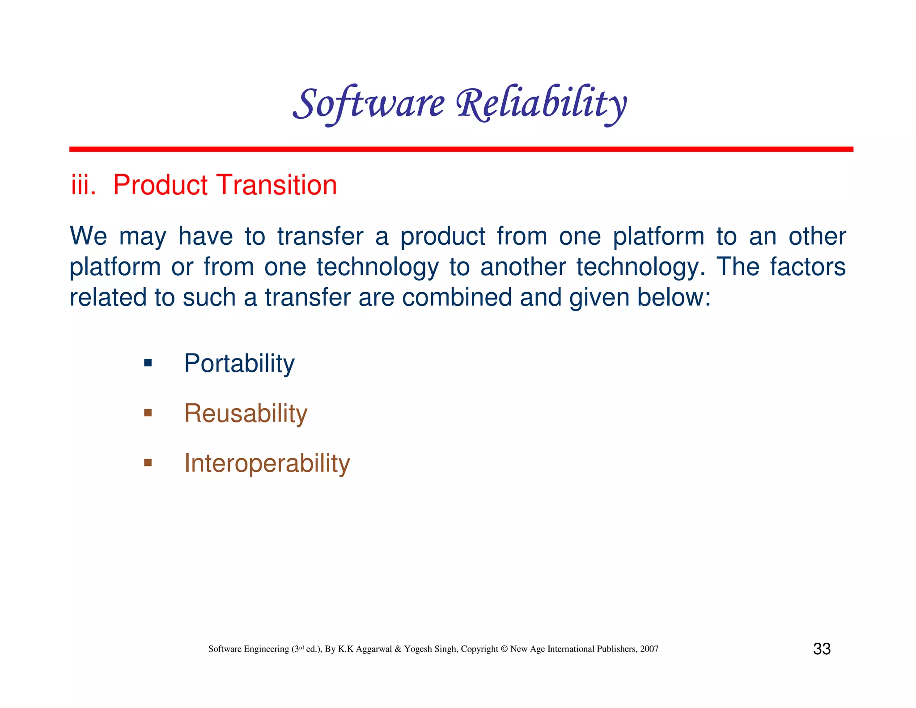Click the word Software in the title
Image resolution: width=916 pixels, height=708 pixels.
coord(369,104)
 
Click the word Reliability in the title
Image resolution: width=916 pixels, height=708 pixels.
coord(541,104)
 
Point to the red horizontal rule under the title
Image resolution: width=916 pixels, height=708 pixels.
coord(461,149)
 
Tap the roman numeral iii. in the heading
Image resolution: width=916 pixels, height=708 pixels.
coord(83,185)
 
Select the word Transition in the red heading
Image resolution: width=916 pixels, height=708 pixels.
coord(277,185)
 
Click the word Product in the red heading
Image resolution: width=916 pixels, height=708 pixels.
coord(160,185)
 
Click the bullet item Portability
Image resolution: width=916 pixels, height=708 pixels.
coord(239,363)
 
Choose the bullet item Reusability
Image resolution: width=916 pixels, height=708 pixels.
coord(246,413)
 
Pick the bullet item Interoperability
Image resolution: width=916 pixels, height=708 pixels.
coord(267,463)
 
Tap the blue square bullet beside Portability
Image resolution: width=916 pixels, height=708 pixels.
coord(148,363)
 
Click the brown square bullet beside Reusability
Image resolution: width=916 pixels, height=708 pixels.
coord(148,413)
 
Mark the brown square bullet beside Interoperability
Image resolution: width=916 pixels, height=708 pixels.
coord(148,462)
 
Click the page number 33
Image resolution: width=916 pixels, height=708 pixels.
coord(822,649)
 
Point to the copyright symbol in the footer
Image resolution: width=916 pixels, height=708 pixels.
coord(504,649)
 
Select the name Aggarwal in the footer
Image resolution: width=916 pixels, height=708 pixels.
coord(374,649)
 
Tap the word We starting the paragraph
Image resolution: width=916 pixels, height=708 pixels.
coord(88,236)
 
